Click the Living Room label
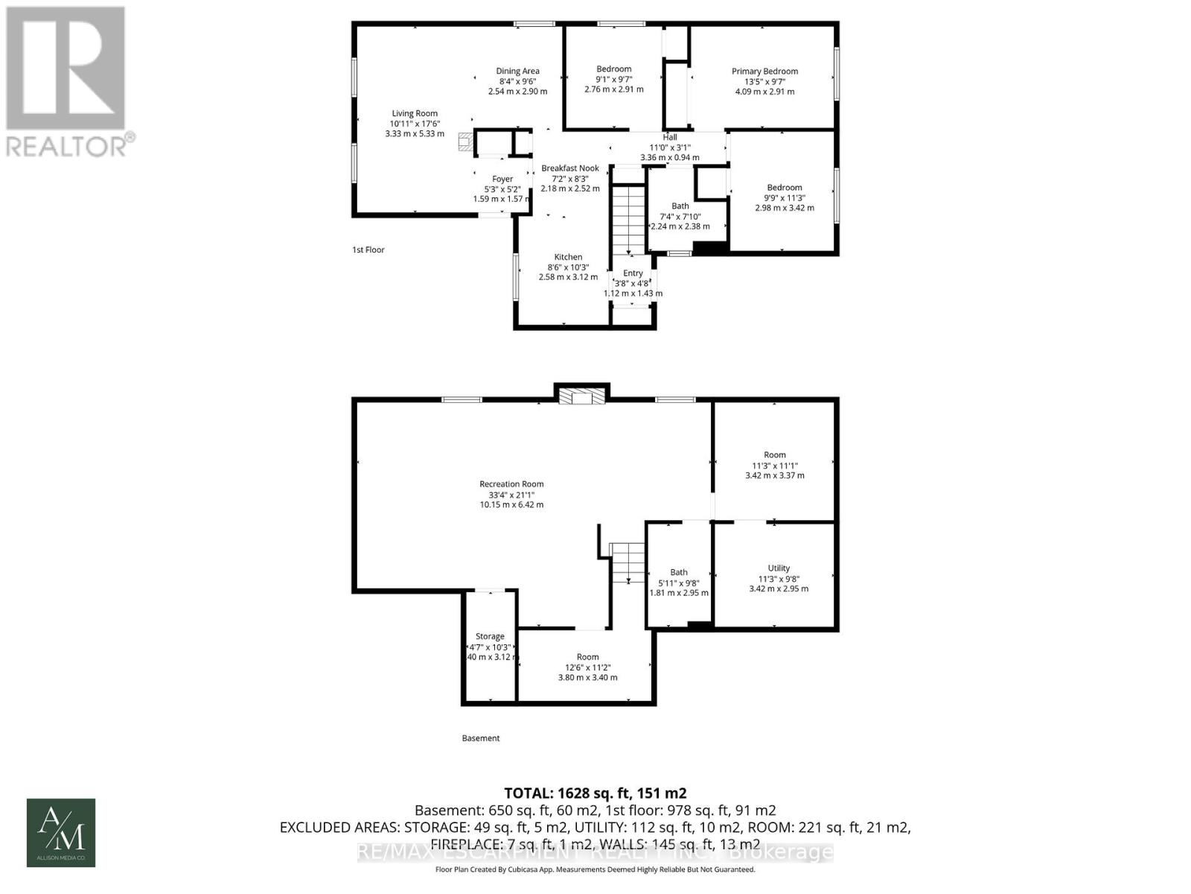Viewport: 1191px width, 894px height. (x=415, y=114)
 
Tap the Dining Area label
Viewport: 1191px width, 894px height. (x=517, y=72)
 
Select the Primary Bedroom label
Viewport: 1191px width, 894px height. (x=764, y=72)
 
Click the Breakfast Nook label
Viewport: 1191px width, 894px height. (x=569, y=168)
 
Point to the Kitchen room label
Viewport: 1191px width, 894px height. (x=568, y=257)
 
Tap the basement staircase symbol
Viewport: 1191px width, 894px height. (x=628, y=562)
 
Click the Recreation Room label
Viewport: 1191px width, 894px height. (x=511, y=484)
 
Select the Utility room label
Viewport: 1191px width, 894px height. (x=779, y=568)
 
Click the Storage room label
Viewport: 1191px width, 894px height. (x=490, y=636)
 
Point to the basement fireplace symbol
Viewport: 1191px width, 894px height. (x=582, y=397)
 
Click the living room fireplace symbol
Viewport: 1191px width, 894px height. (x=465, y=142)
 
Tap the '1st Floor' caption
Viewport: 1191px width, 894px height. (x=368, y=250)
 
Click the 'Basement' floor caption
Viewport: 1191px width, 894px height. (x=480, y=738)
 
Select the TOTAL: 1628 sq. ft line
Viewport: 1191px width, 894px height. (x=595, y=793)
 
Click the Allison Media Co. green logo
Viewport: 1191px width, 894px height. (x=61, y=833)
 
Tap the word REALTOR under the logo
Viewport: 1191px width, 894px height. (x=67, y=145)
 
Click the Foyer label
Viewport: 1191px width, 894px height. (x=502, y=179)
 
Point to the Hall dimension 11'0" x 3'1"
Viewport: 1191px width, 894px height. (x=669, y=148)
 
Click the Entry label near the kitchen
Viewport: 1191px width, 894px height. (x=633, y=273)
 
